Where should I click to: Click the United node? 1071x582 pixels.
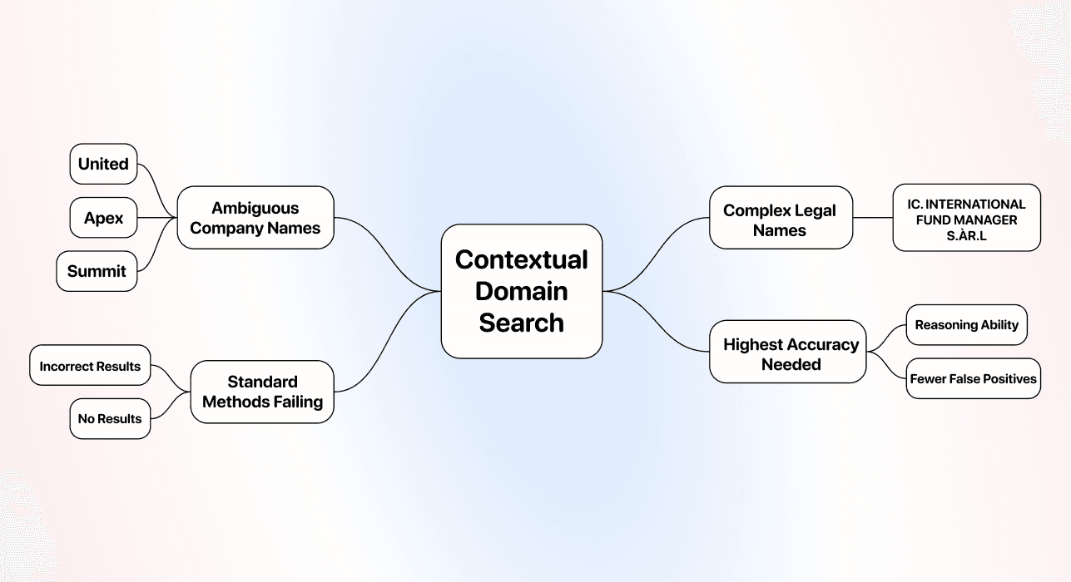click(103, 164)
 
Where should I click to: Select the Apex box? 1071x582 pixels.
click(103, 218)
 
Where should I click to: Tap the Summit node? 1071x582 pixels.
click(97, 271)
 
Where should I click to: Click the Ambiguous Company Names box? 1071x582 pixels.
click(255, 218)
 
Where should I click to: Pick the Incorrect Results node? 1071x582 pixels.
click(90, 366)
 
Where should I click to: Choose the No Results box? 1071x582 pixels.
click(110, 419)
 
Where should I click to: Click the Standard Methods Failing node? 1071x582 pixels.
click(262, 392)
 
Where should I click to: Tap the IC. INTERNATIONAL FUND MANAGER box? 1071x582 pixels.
click(966, 218)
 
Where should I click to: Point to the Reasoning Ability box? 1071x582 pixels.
click(966, 325)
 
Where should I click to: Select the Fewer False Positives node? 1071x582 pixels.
click(973, 379)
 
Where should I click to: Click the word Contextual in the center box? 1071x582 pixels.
click(521, 259)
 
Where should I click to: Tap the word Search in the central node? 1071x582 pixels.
click(521, 323)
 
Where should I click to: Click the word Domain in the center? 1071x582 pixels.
click(521, 291)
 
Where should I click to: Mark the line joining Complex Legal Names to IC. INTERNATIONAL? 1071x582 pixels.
click(873, 218)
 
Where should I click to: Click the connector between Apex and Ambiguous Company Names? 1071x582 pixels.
click(156, 218)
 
